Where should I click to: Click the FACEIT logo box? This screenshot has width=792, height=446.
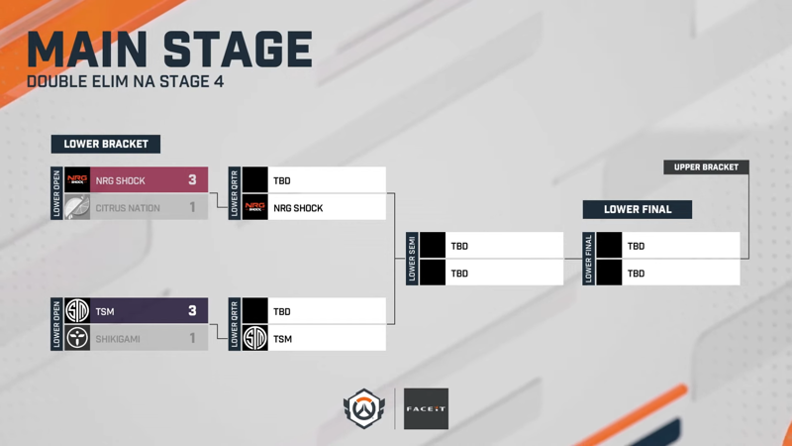[426, 408]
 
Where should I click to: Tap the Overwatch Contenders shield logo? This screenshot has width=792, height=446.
[363, 408]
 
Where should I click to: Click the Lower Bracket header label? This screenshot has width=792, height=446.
[106, 144]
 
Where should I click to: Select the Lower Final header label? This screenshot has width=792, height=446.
[638, 209]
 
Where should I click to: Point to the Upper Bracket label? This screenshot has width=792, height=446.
[706, 167]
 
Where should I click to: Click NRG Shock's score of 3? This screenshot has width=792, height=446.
[192, 180]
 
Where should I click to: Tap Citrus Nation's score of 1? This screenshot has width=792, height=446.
[192, 207]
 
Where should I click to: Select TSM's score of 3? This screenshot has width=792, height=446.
[192, 310]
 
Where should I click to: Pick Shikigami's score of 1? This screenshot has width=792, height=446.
[192, 338]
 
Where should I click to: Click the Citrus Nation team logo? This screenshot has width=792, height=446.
[77, 207]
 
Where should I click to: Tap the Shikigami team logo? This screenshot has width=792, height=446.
[77, 338]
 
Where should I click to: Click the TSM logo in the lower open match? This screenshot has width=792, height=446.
[77, 310]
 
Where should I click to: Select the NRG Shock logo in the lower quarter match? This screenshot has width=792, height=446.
[255, 207]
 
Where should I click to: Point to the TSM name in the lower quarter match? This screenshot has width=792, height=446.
[283, 339]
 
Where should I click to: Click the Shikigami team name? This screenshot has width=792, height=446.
[118, 339]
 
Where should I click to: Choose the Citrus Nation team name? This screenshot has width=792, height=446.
[128, 208]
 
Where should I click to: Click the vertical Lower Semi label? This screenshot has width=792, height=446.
[412, 259]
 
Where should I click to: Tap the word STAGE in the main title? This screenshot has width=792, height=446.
[238, 49]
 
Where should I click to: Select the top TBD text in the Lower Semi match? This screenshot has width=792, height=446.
[459, 246]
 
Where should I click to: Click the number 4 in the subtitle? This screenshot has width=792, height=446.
[219, 81]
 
